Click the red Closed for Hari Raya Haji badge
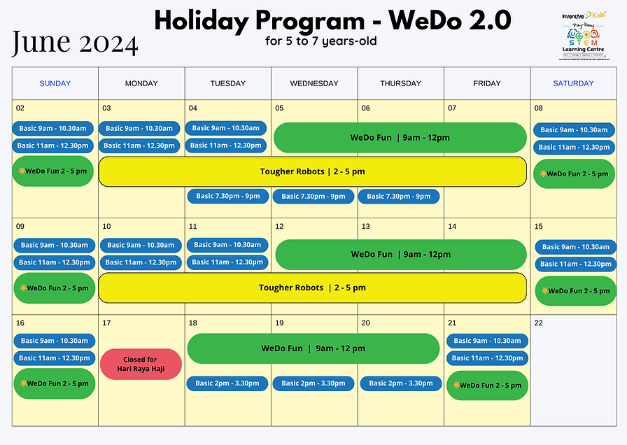(141, 364)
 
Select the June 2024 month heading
(74, 43)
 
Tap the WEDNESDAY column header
(314, 83)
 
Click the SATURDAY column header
(573, 83)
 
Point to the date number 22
(538, 323)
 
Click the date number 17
(107, 323)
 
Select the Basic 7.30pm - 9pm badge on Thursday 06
(399, 197)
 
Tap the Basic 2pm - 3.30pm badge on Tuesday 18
(227, 383)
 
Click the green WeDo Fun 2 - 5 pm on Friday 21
(487, 386)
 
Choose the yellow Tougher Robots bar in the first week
(312, 171)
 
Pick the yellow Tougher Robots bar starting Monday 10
(312, 288)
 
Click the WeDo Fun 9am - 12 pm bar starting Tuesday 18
(313, 348)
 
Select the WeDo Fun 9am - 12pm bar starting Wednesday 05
(400, 138)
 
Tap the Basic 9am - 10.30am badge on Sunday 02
(53, 128)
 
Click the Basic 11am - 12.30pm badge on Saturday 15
(576, 264)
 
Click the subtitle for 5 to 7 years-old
(321, 41)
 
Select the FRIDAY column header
(487, 83)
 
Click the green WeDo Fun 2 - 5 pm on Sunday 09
(54, 288)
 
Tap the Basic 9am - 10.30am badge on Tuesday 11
(227, 245)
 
